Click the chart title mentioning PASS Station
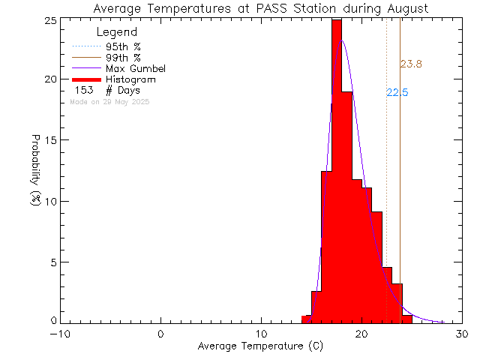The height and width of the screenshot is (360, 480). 261,9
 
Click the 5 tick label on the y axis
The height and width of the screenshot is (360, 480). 52,262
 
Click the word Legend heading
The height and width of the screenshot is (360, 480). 118,32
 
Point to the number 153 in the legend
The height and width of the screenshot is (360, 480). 82,90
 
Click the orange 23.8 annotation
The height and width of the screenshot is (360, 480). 411,64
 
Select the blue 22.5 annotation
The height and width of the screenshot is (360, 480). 397,92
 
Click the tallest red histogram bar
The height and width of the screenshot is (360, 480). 337,172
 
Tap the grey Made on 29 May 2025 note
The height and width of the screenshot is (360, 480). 109,101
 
